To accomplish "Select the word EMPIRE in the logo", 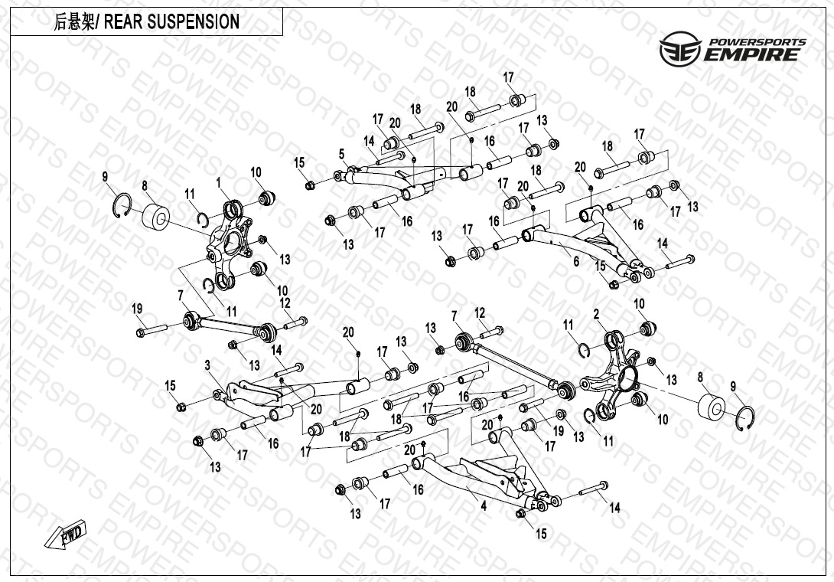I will (753, 54).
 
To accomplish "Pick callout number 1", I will (219, 183).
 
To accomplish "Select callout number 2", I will (596, 314).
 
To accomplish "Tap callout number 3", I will (207, 365).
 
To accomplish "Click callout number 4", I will (484, 505).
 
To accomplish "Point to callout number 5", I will (342, 155).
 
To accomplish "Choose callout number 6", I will (576, 261).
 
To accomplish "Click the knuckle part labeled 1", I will (230, 244).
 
